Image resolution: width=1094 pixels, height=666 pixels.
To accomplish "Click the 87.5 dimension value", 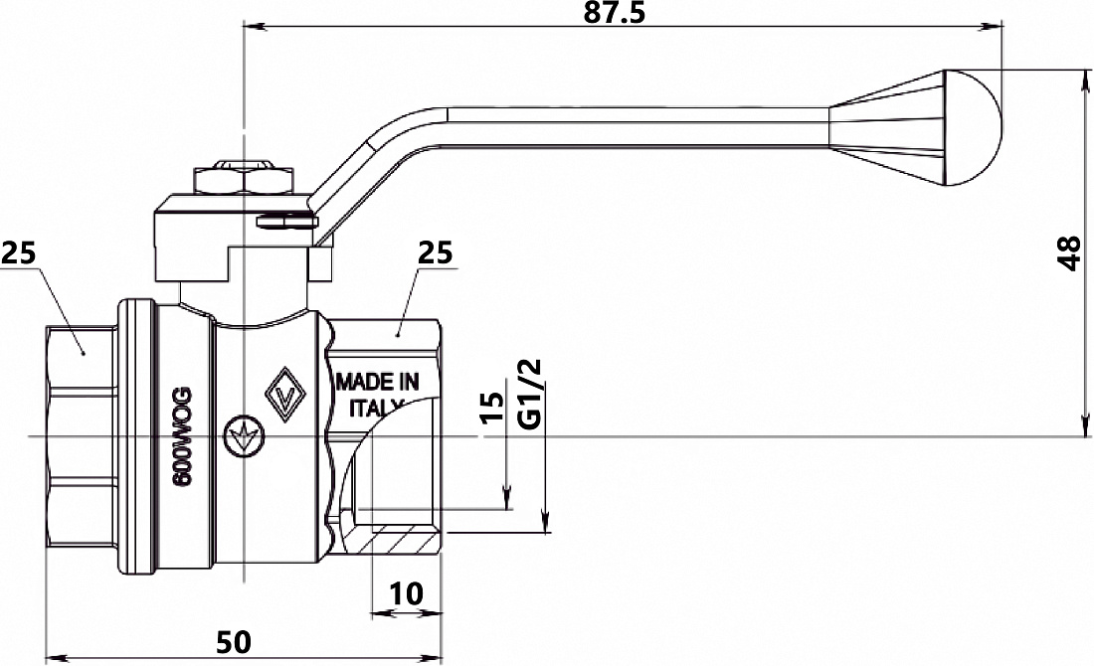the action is pos(616,13).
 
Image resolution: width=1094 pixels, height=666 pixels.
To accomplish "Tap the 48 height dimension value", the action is pos(1069,253).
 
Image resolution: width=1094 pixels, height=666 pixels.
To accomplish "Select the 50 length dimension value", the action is pos(233,641).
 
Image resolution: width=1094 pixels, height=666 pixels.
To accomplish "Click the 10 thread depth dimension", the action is pos(406,594).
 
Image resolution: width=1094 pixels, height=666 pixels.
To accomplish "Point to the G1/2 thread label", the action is pos(532,395).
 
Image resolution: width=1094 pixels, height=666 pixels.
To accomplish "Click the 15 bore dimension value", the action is pos(492,408).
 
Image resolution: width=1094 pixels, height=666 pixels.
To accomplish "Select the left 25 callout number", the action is pos(18,253).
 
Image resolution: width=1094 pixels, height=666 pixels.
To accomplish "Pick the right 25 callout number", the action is pos(436,253).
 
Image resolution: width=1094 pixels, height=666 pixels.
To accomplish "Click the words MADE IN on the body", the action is pos(378,382).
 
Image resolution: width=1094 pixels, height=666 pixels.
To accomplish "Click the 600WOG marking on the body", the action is pos(183,438).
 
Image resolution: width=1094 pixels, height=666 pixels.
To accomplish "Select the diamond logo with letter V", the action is pos(284,394).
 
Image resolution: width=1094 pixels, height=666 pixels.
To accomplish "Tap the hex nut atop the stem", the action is pos(243,179).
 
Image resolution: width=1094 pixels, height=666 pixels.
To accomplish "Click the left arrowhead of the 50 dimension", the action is pos(55,657).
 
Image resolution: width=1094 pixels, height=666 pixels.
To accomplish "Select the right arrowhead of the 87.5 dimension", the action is pos(992,27).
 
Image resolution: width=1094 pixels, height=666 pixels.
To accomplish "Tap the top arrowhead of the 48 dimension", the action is pos(1085,81).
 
